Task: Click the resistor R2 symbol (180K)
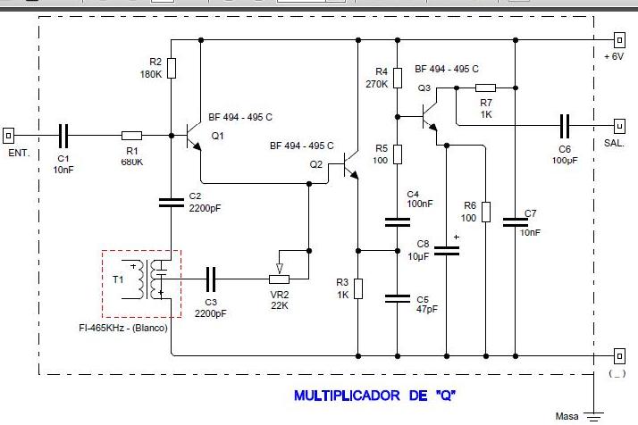click(x=172, y=67)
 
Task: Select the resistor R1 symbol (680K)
click(x=132, y=136)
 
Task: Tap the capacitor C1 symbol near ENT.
click(x=63, y=136)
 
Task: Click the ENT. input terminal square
click(x=9, y=136)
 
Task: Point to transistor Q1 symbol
click(x=193, y=136)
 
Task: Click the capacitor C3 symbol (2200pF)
click(x=211, y=279)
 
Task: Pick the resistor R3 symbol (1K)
click(x=357, y=288)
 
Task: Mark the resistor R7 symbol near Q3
click(x=485, y=87)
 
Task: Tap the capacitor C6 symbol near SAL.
click(x=564, y=125)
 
